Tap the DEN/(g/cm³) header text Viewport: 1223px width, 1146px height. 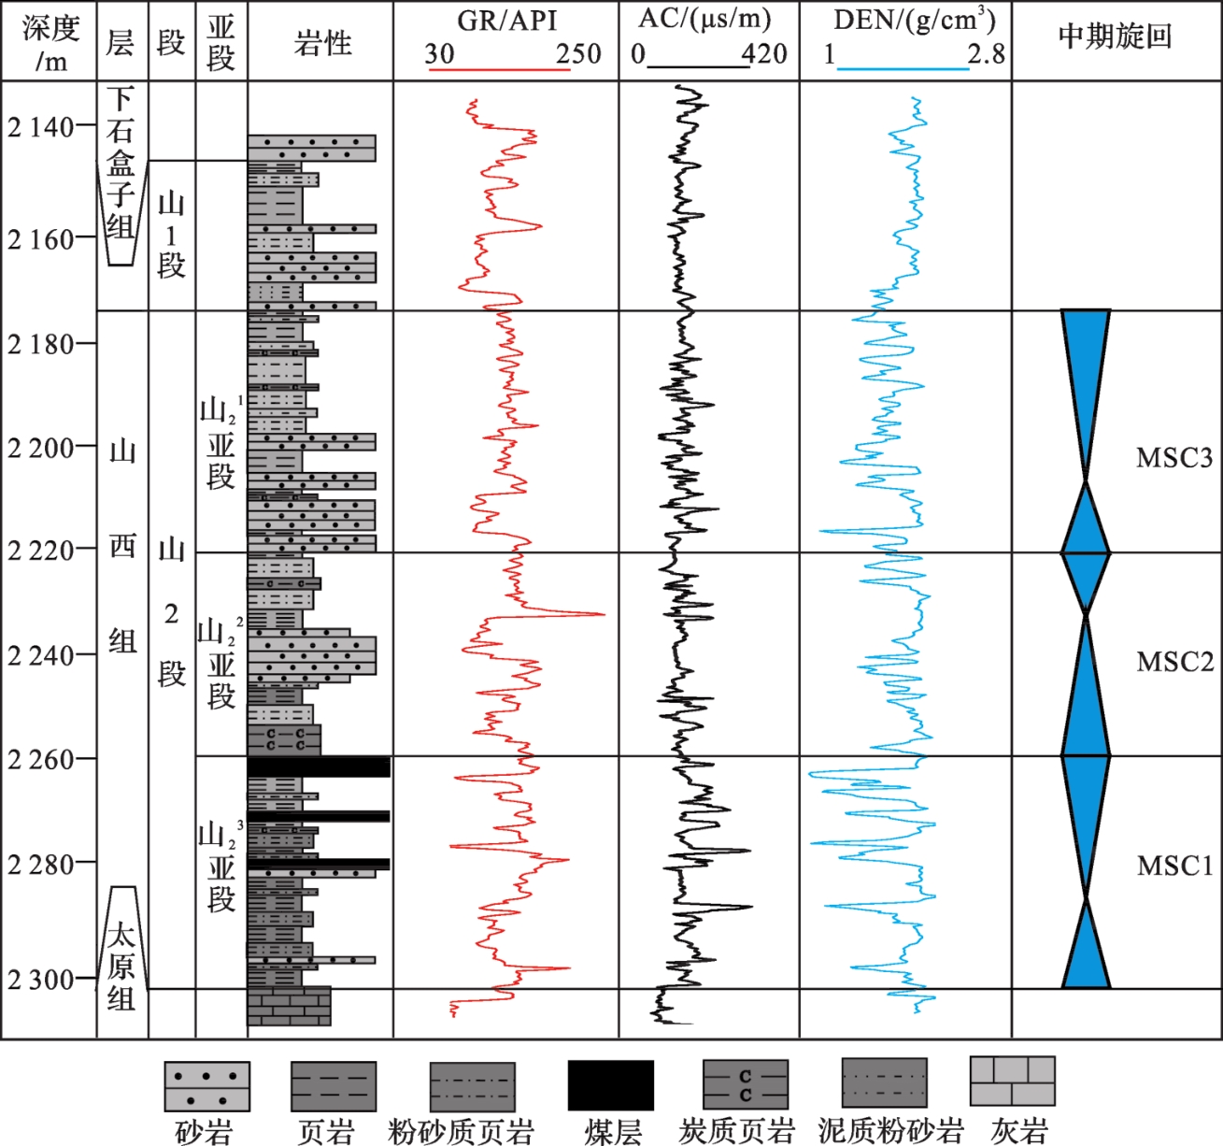(x=914, y=21)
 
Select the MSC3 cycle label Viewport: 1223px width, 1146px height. (x=1173, y=457)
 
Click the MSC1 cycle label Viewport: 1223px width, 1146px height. (x=1173, y=866)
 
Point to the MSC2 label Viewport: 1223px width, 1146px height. (x=1173, y=662)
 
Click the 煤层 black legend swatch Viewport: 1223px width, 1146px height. (x=610, y=1085)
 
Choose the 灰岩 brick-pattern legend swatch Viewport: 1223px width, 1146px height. (x=1012, y=1082)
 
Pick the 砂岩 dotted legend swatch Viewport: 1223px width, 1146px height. (x=206, y=1086)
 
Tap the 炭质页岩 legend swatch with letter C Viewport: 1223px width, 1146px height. (x=745, y=1085)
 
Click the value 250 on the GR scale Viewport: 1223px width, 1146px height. (x=578, y=53)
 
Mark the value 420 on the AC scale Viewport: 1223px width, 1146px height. (x=764, y=53)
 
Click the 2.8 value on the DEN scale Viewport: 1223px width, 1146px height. (x=987, y=53)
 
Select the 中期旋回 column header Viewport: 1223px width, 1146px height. (x=1115, y=36)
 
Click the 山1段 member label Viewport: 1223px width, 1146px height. (x=171, y=234)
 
